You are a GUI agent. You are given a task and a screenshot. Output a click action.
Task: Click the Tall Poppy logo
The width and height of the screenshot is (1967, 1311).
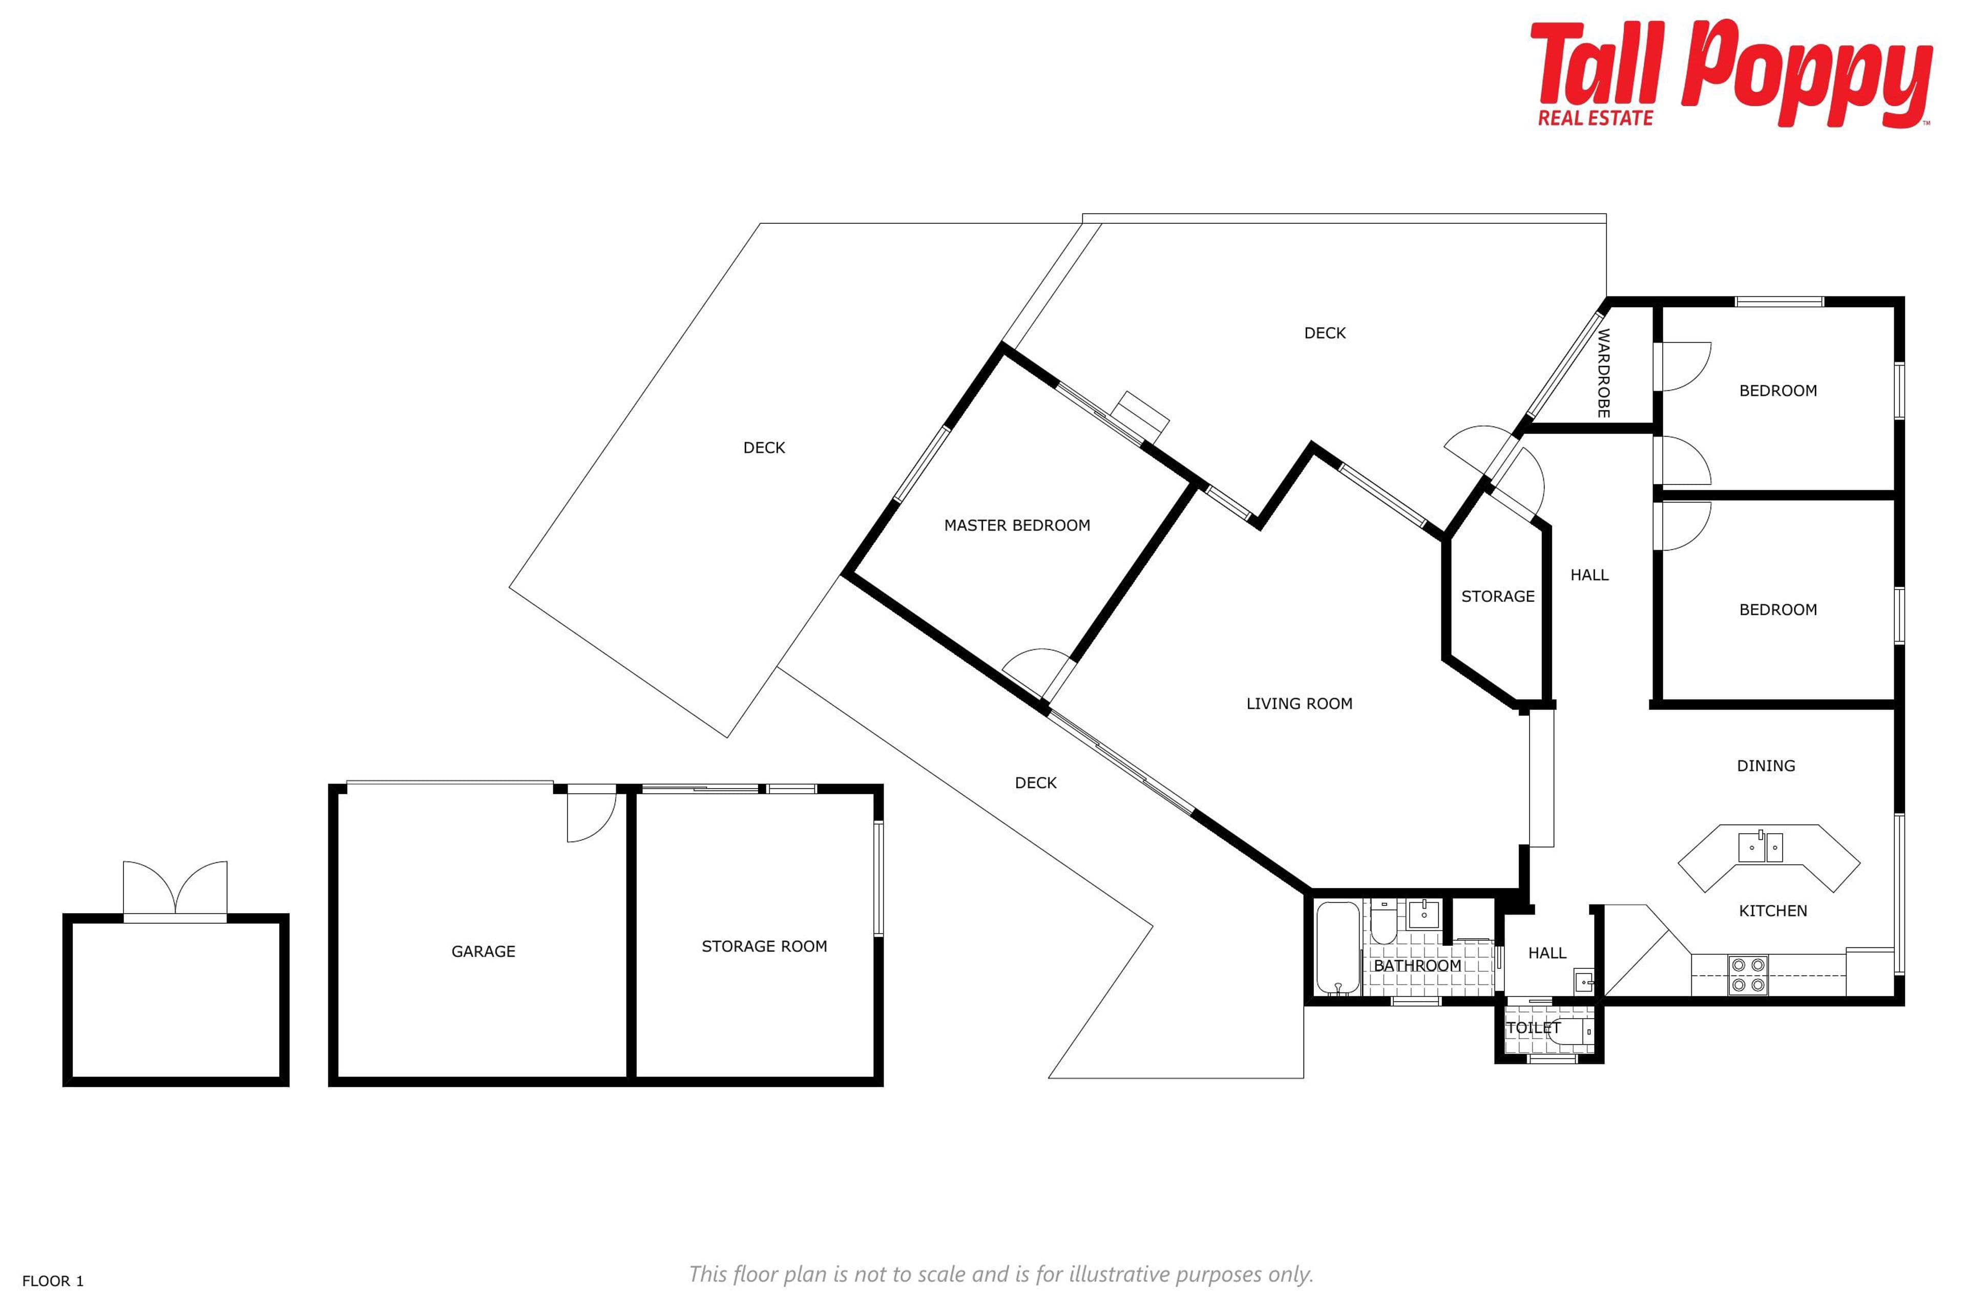1731,74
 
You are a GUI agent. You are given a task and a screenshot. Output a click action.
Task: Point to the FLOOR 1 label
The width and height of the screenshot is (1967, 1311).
53,1281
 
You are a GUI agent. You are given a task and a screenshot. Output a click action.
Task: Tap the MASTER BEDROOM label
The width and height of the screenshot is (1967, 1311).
1017,525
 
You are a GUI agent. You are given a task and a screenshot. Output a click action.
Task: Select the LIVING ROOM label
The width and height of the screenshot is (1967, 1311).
1299,704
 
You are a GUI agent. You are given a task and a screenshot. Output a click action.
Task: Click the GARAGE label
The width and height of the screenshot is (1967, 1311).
484,951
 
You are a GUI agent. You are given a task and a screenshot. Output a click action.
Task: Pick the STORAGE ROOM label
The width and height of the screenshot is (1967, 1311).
764,946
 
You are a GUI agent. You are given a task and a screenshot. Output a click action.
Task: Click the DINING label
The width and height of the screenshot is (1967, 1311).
1766,766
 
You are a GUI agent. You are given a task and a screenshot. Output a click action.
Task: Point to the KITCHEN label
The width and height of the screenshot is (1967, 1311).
1773,912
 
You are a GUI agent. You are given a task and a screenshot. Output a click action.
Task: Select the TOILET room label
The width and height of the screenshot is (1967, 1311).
1533,1028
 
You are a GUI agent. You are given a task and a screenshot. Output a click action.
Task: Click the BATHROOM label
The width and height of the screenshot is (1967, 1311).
1417,966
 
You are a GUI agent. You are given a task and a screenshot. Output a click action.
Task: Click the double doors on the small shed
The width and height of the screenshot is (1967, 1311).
175,890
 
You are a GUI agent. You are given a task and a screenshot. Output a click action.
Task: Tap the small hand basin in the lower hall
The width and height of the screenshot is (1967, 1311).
1584,981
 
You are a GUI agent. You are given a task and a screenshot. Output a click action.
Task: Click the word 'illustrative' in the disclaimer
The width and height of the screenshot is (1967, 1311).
1119,1274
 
